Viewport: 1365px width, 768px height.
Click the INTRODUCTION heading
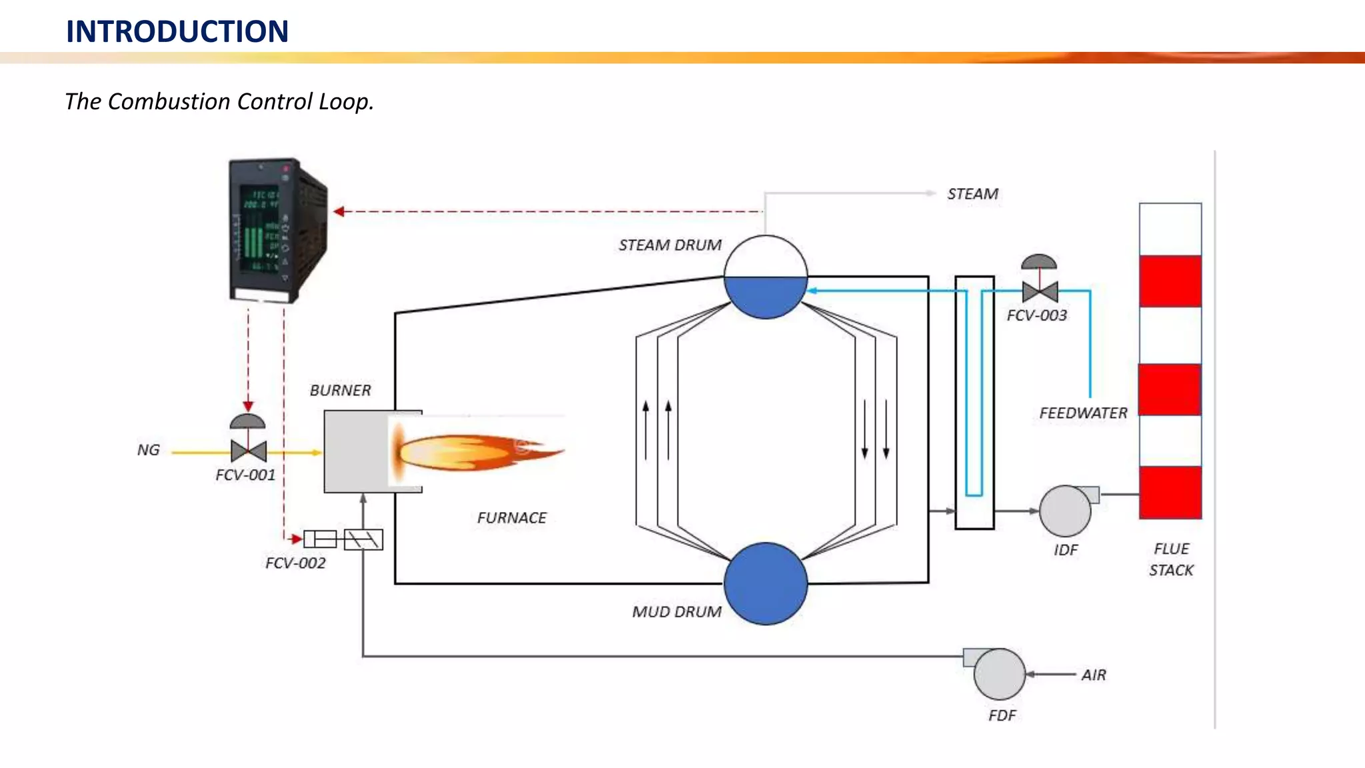tap(177, 31)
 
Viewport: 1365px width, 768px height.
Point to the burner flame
tap(473, 453)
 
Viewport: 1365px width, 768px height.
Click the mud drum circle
tap(766, 583)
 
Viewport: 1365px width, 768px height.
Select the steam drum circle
tap(766, 277)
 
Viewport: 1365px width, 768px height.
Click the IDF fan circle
tap(1065, 511)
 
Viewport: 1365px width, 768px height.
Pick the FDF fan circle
tap(999, 674)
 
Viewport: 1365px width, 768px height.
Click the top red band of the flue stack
tap(1170, 281)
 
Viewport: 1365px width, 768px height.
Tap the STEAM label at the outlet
tap(972, 194)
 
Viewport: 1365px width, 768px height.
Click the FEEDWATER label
tap(1083, 413)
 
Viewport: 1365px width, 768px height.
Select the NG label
tap(148, 450)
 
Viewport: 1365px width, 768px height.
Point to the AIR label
tap(1094, 675)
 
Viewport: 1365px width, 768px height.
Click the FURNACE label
tap(511, 518)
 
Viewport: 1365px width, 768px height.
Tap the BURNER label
tap(340, 391)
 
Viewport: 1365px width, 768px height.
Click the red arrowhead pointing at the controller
tap(339, 211)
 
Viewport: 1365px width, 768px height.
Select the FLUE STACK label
tap(1171, 559)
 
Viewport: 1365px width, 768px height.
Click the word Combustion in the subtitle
tap(169, 101)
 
